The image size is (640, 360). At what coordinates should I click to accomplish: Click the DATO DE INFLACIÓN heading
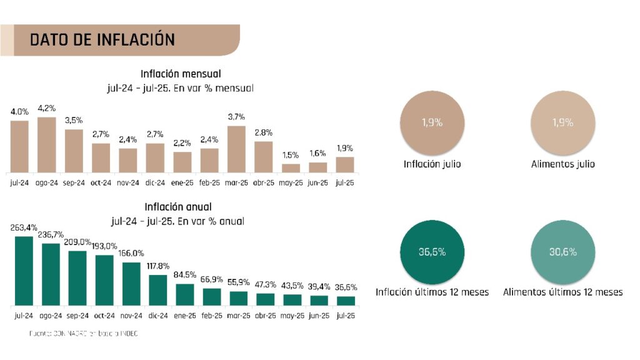(102, 40)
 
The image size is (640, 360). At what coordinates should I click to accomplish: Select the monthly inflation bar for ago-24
(47, 144)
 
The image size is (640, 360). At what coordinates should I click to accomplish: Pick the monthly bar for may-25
(291, 168)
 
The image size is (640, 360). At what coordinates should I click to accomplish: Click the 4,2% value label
(47, 107)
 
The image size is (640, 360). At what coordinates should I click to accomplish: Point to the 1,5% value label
(291, 155)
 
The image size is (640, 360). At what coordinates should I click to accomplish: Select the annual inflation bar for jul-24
(24, 271)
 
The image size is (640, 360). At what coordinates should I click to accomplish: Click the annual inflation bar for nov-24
(131, 283)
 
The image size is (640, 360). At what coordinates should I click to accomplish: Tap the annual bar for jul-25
(346, 300)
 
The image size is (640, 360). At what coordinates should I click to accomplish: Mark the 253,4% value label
(24, 227)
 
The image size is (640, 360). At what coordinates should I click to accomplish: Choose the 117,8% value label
(158, 266)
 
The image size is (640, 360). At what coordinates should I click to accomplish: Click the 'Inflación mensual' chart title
(181, 74)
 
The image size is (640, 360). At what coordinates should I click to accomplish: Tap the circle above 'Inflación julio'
(431, 122)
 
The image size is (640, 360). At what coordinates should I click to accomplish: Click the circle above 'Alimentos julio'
(562, 122)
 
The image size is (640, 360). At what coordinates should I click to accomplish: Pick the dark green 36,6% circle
(431, 252)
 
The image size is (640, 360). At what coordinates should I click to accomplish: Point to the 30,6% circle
(562, 252)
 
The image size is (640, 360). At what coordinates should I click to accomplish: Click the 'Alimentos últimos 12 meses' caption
(562, 292)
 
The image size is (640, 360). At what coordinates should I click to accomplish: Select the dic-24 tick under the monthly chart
(155, 183)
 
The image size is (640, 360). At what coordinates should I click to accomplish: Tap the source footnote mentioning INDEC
(84, 334)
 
